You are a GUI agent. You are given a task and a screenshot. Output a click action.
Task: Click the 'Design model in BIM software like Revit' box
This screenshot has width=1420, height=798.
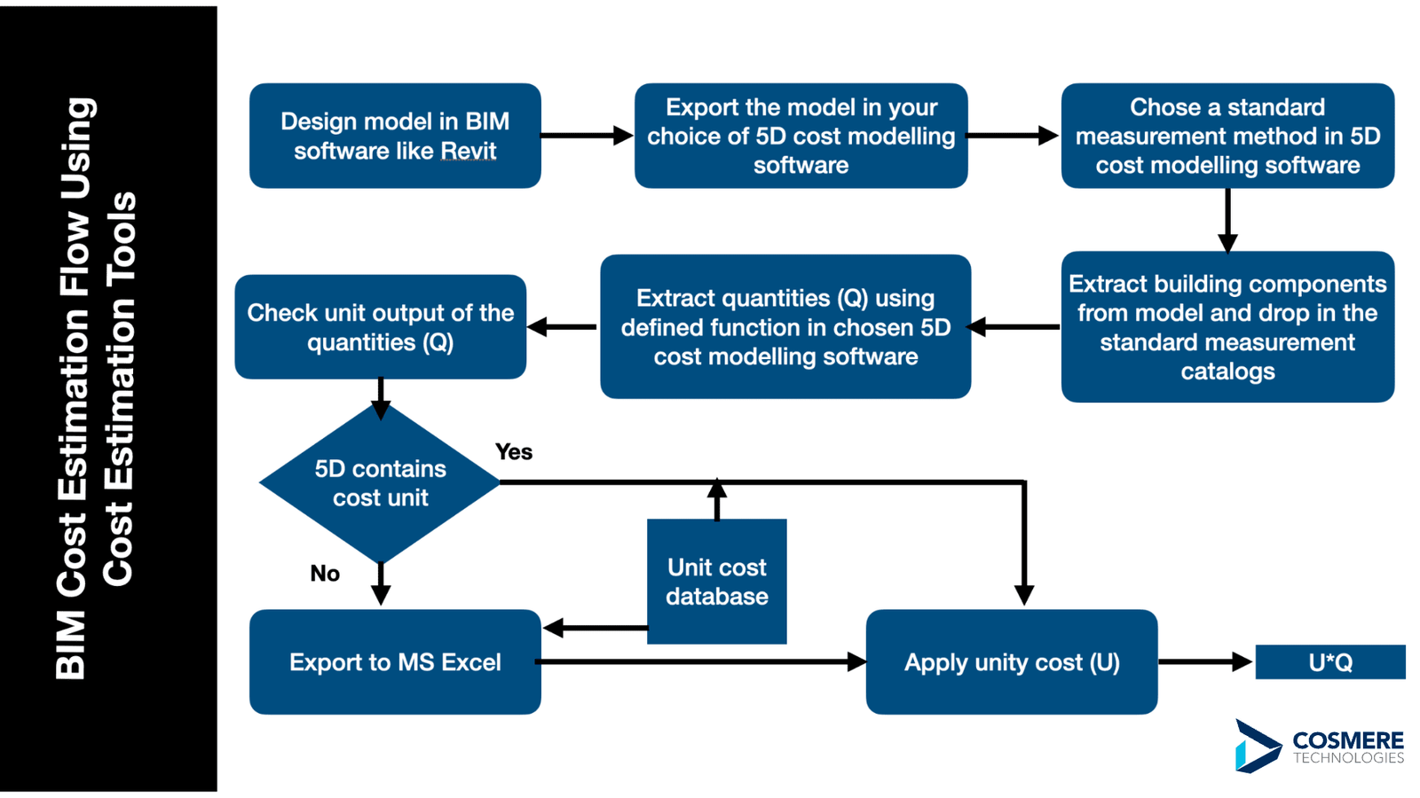[395, 136]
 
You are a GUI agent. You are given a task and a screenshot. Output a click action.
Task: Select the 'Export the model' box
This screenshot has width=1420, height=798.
[801, 136]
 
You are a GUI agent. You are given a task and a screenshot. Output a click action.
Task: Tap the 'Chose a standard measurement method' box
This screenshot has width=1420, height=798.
[1227, 136]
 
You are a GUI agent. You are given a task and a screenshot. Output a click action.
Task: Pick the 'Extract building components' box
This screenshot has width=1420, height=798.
[1227, 327]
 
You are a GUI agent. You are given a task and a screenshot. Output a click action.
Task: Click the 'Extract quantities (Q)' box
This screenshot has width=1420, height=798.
[785, 327]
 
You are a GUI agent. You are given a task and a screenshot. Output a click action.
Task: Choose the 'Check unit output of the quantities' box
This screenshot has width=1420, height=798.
[381, 327]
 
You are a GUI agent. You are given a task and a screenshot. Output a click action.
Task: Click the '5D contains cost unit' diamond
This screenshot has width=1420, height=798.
[381, 483]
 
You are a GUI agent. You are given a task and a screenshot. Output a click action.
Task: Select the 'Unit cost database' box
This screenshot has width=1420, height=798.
[717, 582]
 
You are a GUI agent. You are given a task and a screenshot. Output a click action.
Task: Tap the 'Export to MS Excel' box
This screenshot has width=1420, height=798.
[395, 661]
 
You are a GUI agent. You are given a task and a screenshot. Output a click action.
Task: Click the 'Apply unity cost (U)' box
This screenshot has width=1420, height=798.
[1012, 661]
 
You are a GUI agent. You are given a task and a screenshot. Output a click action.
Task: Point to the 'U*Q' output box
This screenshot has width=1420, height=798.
[1330, 661]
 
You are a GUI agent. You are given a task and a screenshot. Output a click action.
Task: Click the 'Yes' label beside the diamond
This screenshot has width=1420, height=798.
[514, 451]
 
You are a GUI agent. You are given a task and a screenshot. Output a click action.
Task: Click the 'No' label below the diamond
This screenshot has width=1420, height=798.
[325, 573]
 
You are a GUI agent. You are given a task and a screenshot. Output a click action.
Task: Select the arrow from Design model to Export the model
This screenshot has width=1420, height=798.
[587, 136]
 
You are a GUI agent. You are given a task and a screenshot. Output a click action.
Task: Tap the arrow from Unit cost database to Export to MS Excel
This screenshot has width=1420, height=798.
[595, 628]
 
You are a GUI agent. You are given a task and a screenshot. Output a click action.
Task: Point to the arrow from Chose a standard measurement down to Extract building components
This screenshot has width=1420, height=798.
[1227, 221]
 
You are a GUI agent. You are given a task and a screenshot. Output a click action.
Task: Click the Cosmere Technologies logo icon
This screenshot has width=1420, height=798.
[1257, 746]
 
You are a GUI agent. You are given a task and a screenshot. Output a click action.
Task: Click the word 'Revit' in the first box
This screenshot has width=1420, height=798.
[469, 151]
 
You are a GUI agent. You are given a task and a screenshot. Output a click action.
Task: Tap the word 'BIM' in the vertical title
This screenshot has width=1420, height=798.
[71, 645]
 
